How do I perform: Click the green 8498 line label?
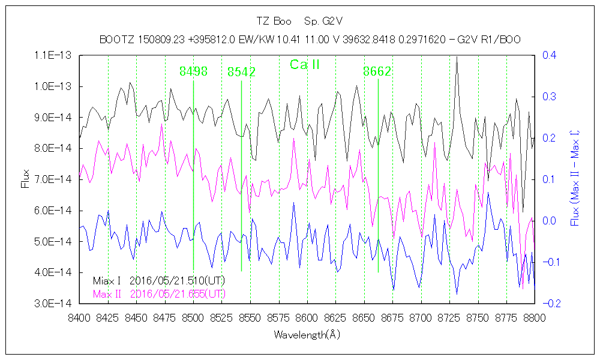pos(193,71)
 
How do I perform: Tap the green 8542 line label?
pos(241,72)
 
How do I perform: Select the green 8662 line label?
pos(377,71)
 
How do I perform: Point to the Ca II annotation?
pos(305,65)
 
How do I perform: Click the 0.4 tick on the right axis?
pos(549,55)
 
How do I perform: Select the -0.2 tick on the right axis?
pos(547,304)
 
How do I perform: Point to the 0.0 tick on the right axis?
pos(549,221)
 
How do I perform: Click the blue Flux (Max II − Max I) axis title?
pos(575,179)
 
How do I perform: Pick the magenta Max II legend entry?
pos(159,294)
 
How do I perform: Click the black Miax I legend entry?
pos(159,281)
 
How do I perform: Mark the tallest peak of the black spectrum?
pos(457,58)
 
